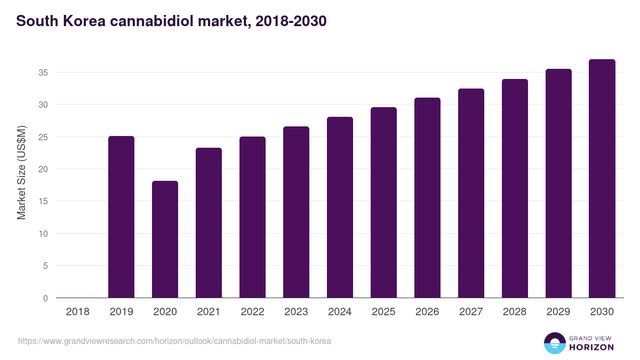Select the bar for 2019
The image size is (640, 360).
(x=121, y=217)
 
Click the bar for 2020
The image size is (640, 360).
(x=165, y=239)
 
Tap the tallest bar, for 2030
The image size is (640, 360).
(x=602, y=179)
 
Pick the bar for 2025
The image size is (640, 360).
(x=383, y=203)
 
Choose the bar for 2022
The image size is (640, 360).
(x=252, y=217)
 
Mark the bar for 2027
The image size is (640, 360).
(x=471, y=193)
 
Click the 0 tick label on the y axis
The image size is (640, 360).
(x=46, y=298)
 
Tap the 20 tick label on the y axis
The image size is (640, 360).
(x=44, y=169)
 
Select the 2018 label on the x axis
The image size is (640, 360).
(x=77, y=312)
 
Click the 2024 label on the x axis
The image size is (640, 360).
(x=340, y=312)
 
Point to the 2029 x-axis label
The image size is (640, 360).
(x=558, y=312)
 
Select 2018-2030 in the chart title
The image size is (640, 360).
(x=291, y=21)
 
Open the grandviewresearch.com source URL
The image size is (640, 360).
(x=174, y=341)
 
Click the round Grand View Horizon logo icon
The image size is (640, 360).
(x=554, y=343)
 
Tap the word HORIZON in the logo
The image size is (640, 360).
(x=591, y=347)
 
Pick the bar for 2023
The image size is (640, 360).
(x=296, y=212)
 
